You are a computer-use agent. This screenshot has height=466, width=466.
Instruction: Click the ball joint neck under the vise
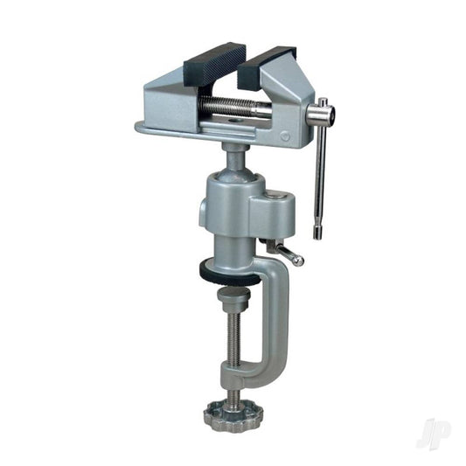coord(233,156)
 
